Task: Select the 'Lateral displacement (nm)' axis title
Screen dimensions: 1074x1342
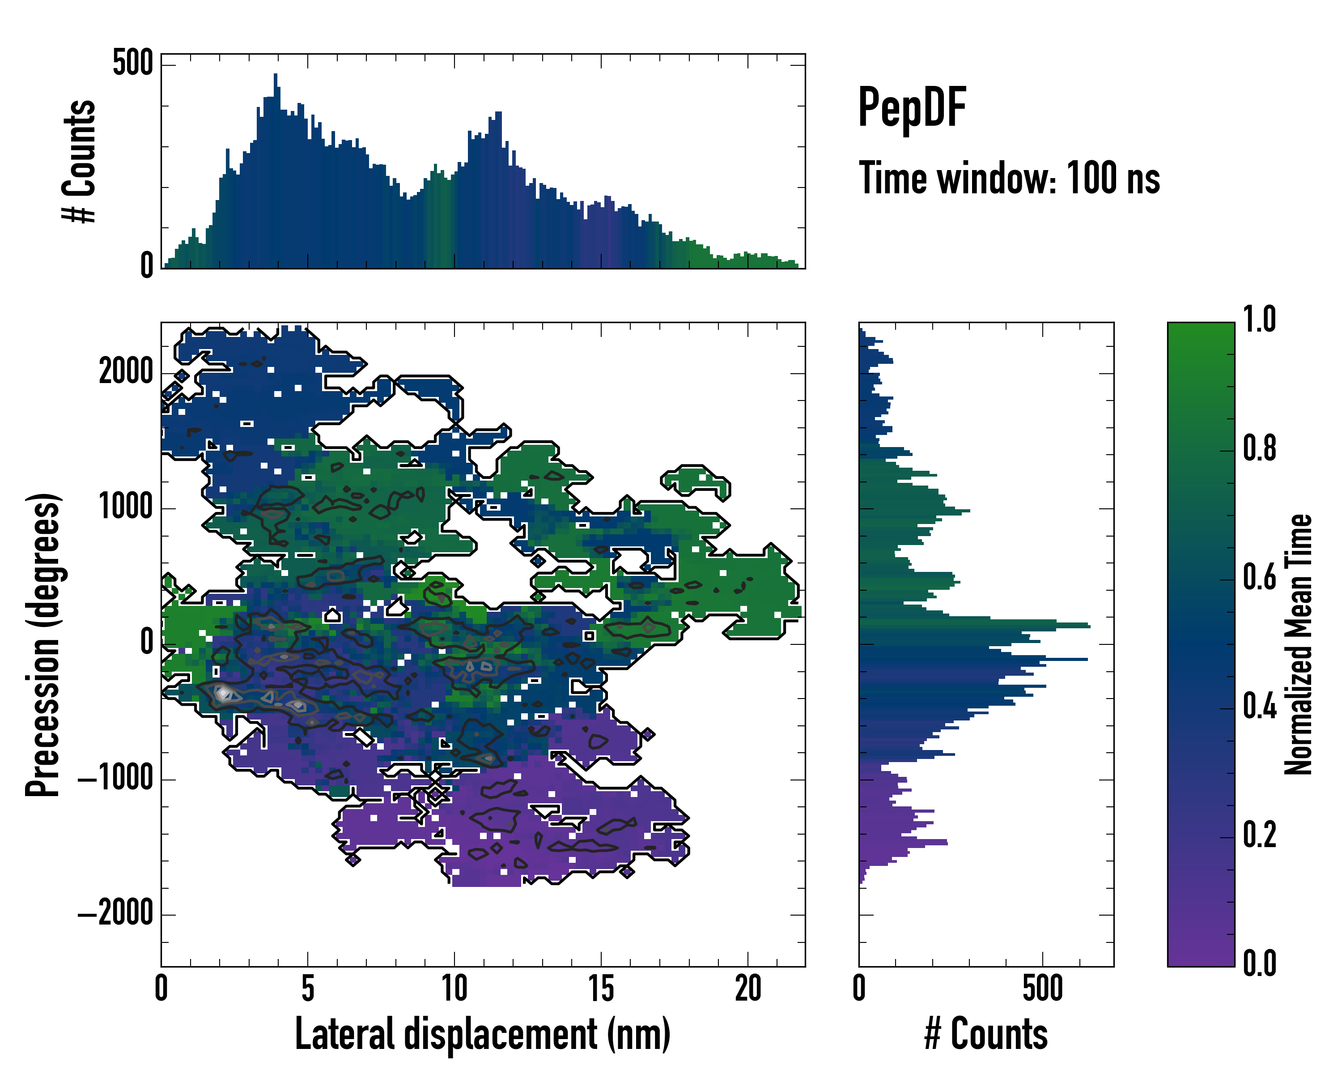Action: pos(482,1034)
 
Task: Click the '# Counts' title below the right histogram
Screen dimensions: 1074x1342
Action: pos(986,1034)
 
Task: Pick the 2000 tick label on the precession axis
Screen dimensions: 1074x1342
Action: pos(126,372)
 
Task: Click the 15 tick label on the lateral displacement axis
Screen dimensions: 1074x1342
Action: pos(601,989)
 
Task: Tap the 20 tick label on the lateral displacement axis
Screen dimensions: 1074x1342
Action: pos(747,989)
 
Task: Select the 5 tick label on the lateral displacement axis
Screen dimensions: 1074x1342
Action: pos(307,989)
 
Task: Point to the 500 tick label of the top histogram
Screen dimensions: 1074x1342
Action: pos(132,63)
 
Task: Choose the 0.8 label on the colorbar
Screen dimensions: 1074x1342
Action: pos(1259,449)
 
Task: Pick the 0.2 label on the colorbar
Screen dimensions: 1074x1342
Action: pos(1259,835)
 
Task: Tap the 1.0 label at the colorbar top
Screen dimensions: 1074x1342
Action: pos(1259,320)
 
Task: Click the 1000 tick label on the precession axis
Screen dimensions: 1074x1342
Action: pos(126,507)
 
